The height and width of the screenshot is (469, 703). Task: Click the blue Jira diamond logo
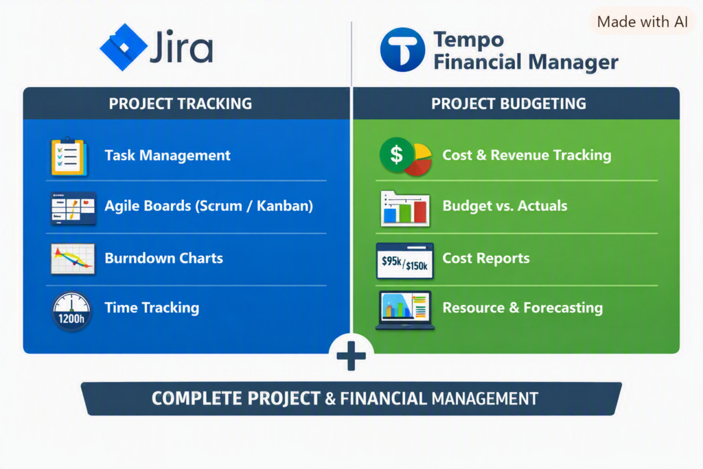[x=124, y=47]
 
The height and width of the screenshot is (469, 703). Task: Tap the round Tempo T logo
[x=402, y=49]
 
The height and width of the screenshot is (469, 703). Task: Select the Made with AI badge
[x=642, y=21]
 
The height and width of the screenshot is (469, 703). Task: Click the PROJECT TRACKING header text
[x=181, y=104]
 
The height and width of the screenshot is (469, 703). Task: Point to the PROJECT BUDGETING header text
[x=509, y=104]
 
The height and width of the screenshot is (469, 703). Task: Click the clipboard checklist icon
[x=69, y=157]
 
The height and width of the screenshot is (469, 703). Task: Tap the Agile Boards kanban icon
[x=73, y=208]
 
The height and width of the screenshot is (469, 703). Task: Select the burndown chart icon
[x=73, y=259]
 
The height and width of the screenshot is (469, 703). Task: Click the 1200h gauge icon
[x=71, y=311]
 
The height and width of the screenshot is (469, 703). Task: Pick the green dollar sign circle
[x=396, y=155]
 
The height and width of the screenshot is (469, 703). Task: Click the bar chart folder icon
[x=405, y=209]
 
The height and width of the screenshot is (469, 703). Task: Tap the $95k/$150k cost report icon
[x=405, y=261]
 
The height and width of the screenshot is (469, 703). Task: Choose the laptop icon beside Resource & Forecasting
[x=405, y=310]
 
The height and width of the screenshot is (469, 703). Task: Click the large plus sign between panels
[x=351, y=356]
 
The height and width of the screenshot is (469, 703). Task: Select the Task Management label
[x=168, y=155]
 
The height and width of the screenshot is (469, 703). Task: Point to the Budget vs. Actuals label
[x=505, y=206]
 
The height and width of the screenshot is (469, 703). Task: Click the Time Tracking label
[x=152, y=308]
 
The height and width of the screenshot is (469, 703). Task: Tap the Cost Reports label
[x=486, y=258]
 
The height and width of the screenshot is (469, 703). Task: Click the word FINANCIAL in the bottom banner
[x=383, y=398]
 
